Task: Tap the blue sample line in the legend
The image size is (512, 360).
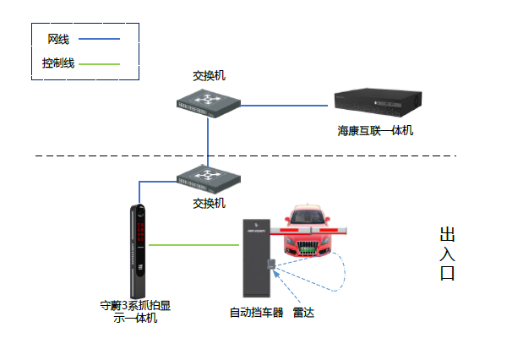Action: click(x=99, y=39)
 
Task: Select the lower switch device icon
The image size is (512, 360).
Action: click(x=208, y=177)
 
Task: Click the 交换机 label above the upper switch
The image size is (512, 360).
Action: click(x=209, y=76)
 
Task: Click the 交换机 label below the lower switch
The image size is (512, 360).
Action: click(x=209, y=203)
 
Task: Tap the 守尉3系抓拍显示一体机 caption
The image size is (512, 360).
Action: click(x=136, y=311)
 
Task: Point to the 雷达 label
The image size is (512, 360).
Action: click(x=303, y=313)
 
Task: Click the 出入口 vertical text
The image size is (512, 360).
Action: click(x=447, y=254)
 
